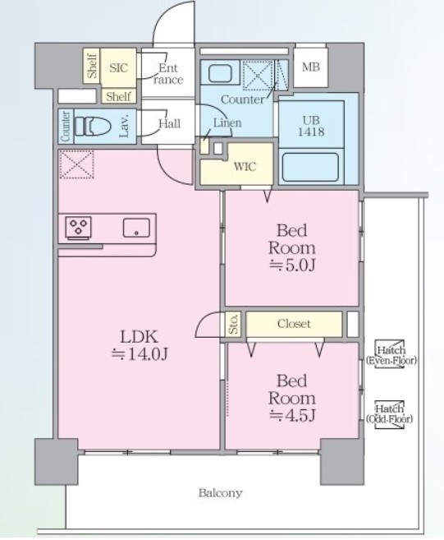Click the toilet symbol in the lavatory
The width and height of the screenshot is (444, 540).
click(x=93, y=126)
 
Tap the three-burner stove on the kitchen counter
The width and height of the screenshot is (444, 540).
click(x=79, y=228)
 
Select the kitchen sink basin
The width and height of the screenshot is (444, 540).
click(x=136, y=228)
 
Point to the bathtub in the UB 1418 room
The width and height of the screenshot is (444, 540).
click(x=310, y=167)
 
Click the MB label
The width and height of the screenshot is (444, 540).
click(x=311, y=67)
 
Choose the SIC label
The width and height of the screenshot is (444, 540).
click(x=118, y=67)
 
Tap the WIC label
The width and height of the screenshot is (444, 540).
click(x=245, y=167)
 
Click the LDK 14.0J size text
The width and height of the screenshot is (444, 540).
click(x=140, y=353)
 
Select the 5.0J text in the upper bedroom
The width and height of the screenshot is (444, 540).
click(x=292, y=265)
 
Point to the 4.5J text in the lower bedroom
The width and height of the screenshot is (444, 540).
click(x=292, y=415)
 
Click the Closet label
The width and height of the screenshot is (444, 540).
click(x=294, y=323)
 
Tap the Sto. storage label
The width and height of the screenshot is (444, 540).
click(x=234, y=324)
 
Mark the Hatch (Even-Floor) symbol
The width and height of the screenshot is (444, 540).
click(x=391, y=355)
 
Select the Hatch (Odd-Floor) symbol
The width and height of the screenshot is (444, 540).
click(x=389, y=414)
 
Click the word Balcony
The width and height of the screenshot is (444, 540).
click(x=221, y=493)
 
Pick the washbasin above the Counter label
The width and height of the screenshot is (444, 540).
click(x=220, y=72)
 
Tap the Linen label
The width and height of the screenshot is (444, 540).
click(x=227, y=122)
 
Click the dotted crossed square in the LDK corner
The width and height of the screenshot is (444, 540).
click(x=76, y=164)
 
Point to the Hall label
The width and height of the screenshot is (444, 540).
click(x=170, y=123)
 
